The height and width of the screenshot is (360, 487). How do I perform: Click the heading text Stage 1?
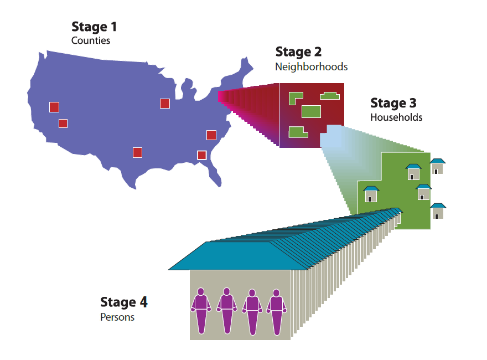[94, 27]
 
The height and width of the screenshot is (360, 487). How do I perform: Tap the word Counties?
[91, 40]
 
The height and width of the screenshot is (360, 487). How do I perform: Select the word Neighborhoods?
[311, 66]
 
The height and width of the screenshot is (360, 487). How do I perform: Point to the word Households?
[396, 117]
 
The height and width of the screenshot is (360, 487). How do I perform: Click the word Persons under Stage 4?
[117, 317]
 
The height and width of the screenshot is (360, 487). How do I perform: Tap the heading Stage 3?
[393, 103]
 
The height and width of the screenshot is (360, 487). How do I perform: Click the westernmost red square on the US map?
[54, 107]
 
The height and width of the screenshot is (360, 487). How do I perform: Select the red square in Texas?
[137, 152]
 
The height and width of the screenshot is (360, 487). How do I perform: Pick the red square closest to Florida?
[201, 155]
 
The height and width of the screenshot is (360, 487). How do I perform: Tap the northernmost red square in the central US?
[164, 103]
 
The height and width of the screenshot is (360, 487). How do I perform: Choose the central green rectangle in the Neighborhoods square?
[311, 111]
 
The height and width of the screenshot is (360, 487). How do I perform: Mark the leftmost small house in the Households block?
[371, 194]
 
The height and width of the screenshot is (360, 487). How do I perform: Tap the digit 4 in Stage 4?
[143, 302]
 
